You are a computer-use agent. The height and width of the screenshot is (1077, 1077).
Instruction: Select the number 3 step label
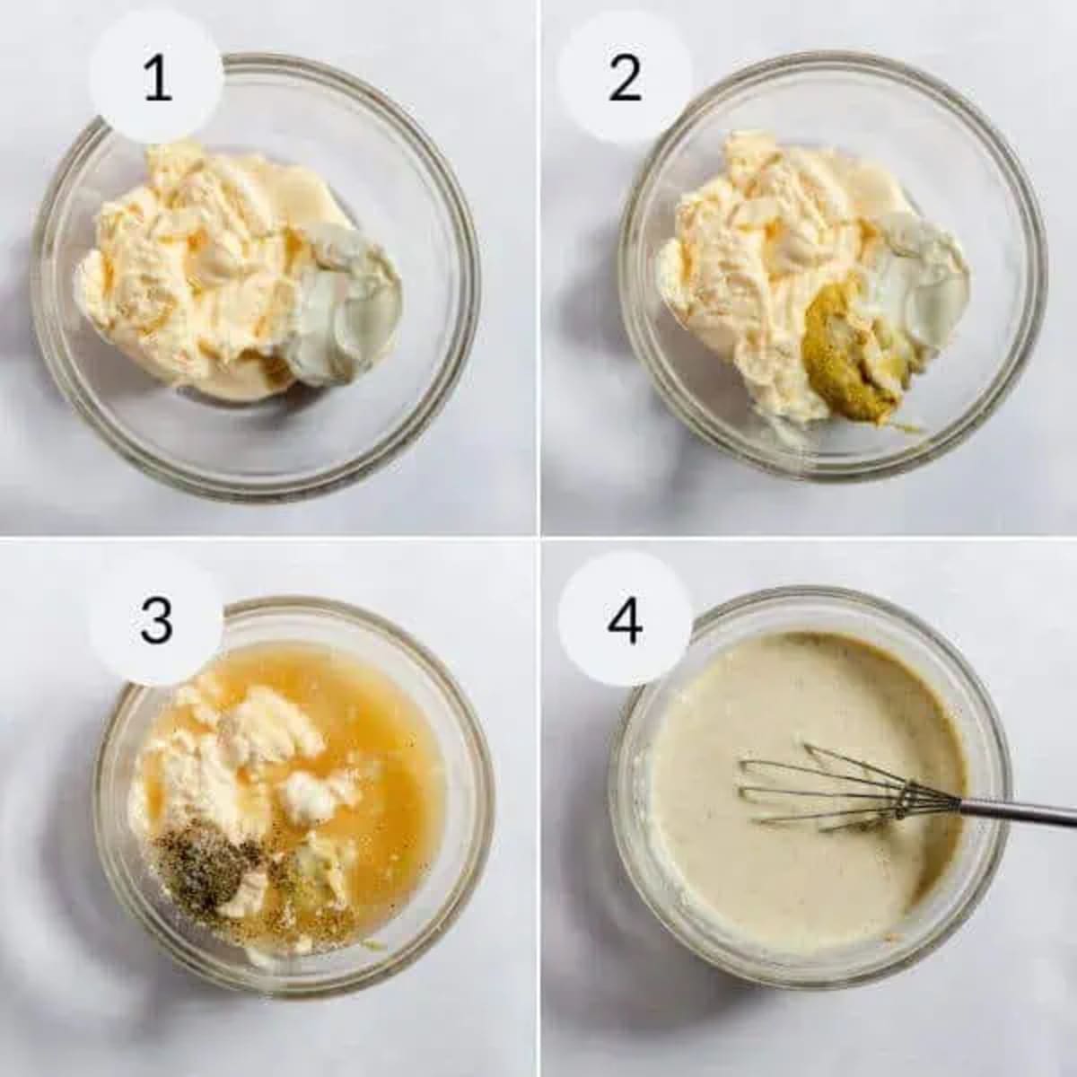[156, 619]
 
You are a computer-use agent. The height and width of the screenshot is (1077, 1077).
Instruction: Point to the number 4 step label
[625, 619]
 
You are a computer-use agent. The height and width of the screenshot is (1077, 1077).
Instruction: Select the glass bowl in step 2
[1005, 377]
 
